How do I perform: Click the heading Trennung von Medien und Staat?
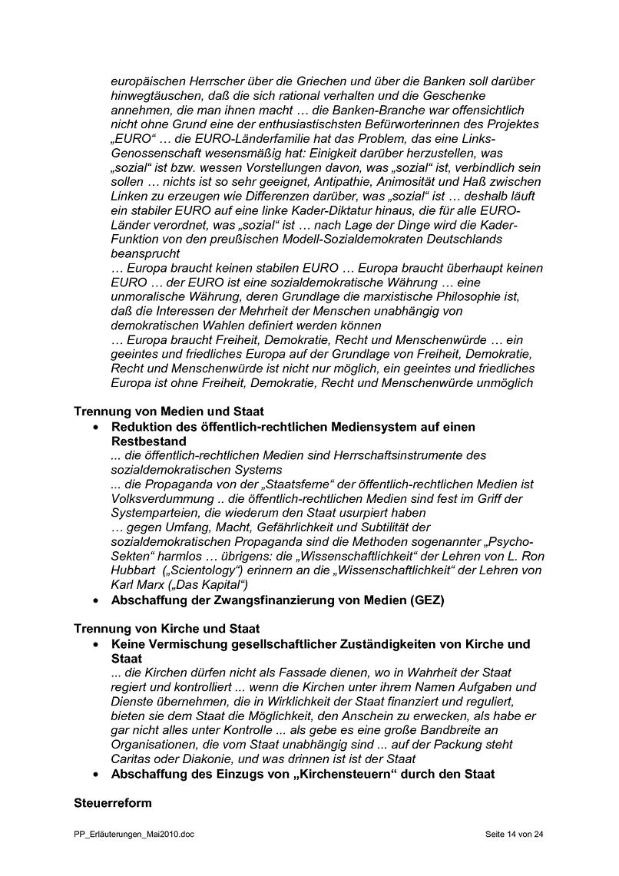point(169,412)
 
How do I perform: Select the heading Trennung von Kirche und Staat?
point(167,629)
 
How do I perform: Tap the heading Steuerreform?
point(112,803)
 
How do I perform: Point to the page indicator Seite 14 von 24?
point(515,834)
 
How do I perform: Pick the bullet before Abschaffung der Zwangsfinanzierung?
point(94,601)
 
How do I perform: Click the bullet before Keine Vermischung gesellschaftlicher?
point(94,644)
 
